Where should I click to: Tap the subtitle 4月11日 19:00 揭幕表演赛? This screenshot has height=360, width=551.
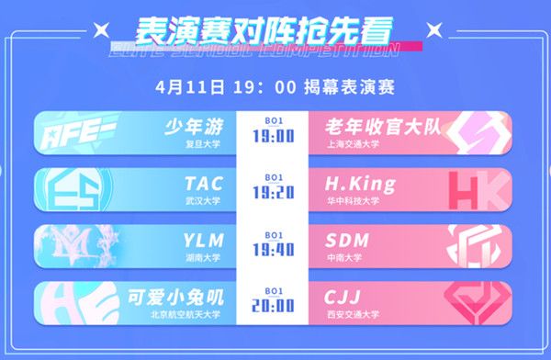(275, 89)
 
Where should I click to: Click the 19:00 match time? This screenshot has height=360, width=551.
(275, 137)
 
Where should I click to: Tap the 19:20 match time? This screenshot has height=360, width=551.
(275, 193)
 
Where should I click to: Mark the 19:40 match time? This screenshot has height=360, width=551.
(275, 249)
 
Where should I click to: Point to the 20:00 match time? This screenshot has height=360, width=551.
(275, 305)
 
